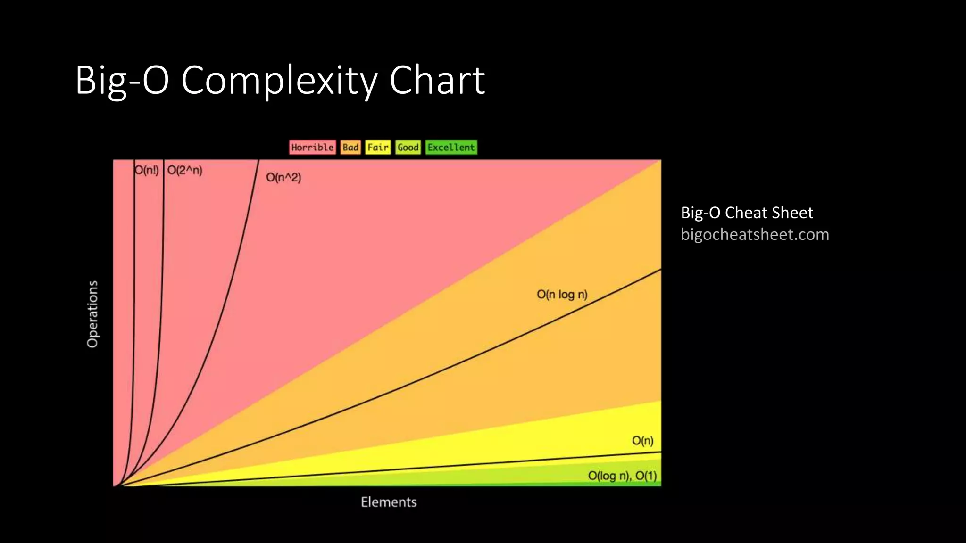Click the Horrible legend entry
pos(312,148)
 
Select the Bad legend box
pos(350,148)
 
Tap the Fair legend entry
pos(378,148)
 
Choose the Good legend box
pos(408,148)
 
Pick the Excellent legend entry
pos(451,148)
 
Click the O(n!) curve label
pos(147,170)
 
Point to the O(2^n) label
pos(185,170)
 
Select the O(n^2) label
pos(283,178)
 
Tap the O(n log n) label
pos(562,295)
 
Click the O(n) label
pos(642,441)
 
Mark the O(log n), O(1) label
pos(622,476)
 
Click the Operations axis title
pos(92,314)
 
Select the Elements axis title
pos(389,502)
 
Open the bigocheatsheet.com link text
pos(755,234)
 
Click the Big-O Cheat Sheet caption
pos(747,213)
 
